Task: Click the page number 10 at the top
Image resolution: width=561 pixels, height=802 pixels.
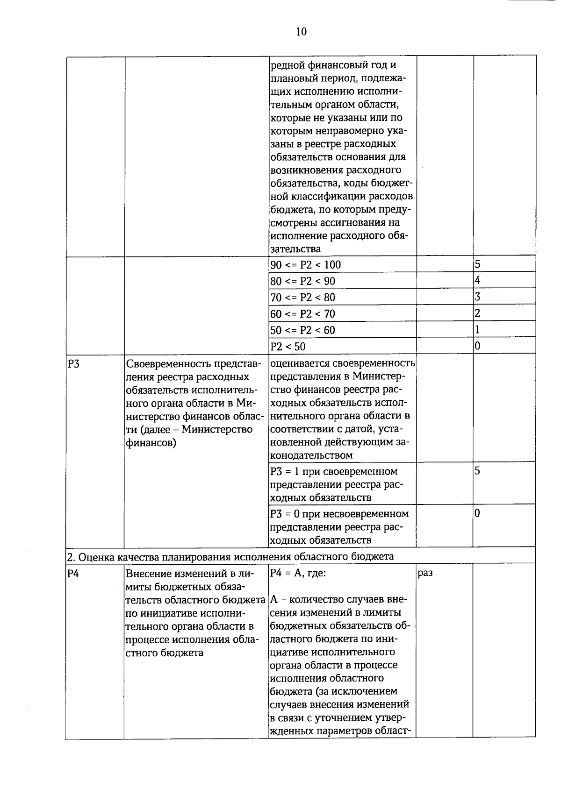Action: [x=301, y=32]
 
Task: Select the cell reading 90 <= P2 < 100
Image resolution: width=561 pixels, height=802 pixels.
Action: [x=306, y=265]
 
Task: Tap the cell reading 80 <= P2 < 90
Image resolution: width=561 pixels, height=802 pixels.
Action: [x=303, y=281]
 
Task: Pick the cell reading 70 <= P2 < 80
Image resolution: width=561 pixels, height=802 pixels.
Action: [x=303, y=298]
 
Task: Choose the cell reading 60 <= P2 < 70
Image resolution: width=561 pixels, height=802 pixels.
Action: [x=303, y=314]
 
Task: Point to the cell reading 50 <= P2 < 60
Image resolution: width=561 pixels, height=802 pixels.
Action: [x=303, y=330]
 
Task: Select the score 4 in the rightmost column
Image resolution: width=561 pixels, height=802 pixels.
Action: [x=477, y=280]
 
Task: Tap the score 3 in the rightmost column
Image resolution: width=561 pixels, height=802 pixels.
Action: [x=477, y=297]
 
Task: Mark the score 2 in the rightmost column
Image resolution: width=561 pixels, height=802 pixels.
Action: [x=477, y=313]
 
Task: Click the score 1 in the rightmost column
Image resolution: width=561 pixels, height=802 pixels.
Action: [x=477, y=329]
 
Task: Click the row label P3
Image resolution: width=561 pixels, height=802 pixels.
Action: [x=74, y=364]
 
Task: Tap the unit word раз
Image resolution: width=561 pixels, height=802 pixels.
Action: [x=425, y=573]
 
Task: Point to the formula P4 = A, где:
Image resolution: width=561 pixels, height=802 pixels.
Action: [x=298, y=573]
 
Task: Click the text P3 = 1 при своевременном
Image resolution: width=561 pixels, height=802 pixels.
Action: [x=334, y=471]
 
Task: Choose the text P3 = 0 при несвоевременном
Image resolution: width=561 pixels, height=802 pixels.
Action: [x=339, y=514]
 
